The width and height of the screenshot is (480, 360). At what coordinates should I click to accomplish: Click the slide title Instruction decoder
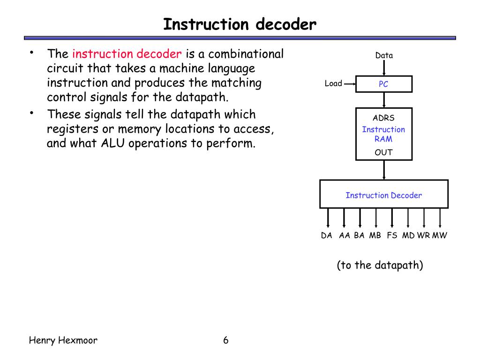coord(240,24)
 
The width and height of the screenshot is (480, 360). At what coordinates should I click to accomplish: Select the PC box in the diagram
coord(384,84)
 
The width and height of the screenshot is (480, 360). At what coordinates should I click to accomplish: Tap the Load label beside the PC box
coord(333,83)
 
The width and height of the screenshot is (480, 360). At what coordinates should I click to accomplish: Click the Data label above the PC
coord(384,55)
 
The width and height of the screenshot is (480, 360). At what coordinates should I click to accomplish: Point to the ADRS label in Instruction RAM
coord(383,118)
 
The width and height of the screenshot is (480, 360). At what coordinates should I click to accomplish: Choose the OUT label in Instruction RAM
coord(383,152)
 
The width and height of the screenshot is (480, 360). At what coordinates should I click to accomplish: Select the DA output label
coord(326,235)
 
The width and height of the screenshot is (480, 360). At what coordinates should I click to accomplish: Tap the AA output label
coord(345,235)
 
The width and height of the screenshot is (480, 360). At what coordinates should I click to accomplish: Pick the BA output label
coord(359,235)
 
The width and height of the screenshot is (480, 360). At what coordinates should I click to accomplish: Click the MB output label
coord(375,235)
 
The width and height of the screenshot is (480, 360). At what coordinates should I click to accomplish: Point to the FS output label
coord(392,235)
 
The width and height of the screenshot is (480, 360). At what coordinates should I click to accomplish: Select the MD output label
coord(408,235)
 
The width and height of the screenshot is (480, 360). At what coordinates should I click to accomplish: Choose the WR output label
coord(423,235)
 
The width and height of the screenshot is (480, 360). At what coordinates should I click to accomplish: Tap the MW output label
coord(440,235)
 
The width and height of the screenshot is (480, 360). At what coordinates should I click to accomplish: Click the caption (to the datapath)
coord(380,265)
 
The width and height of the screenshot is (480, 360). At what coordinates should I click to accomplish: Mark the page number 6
coord(225,340)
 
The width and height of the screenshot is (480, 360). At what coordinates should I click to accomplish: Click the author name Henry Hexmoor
coord(63,340)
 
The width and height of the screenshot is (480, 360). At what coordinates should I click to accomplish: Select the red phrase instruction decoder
coord(127,54)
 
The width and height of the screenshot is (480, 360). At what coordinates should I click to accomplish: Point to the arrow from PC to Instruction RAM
coord(384,100)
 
